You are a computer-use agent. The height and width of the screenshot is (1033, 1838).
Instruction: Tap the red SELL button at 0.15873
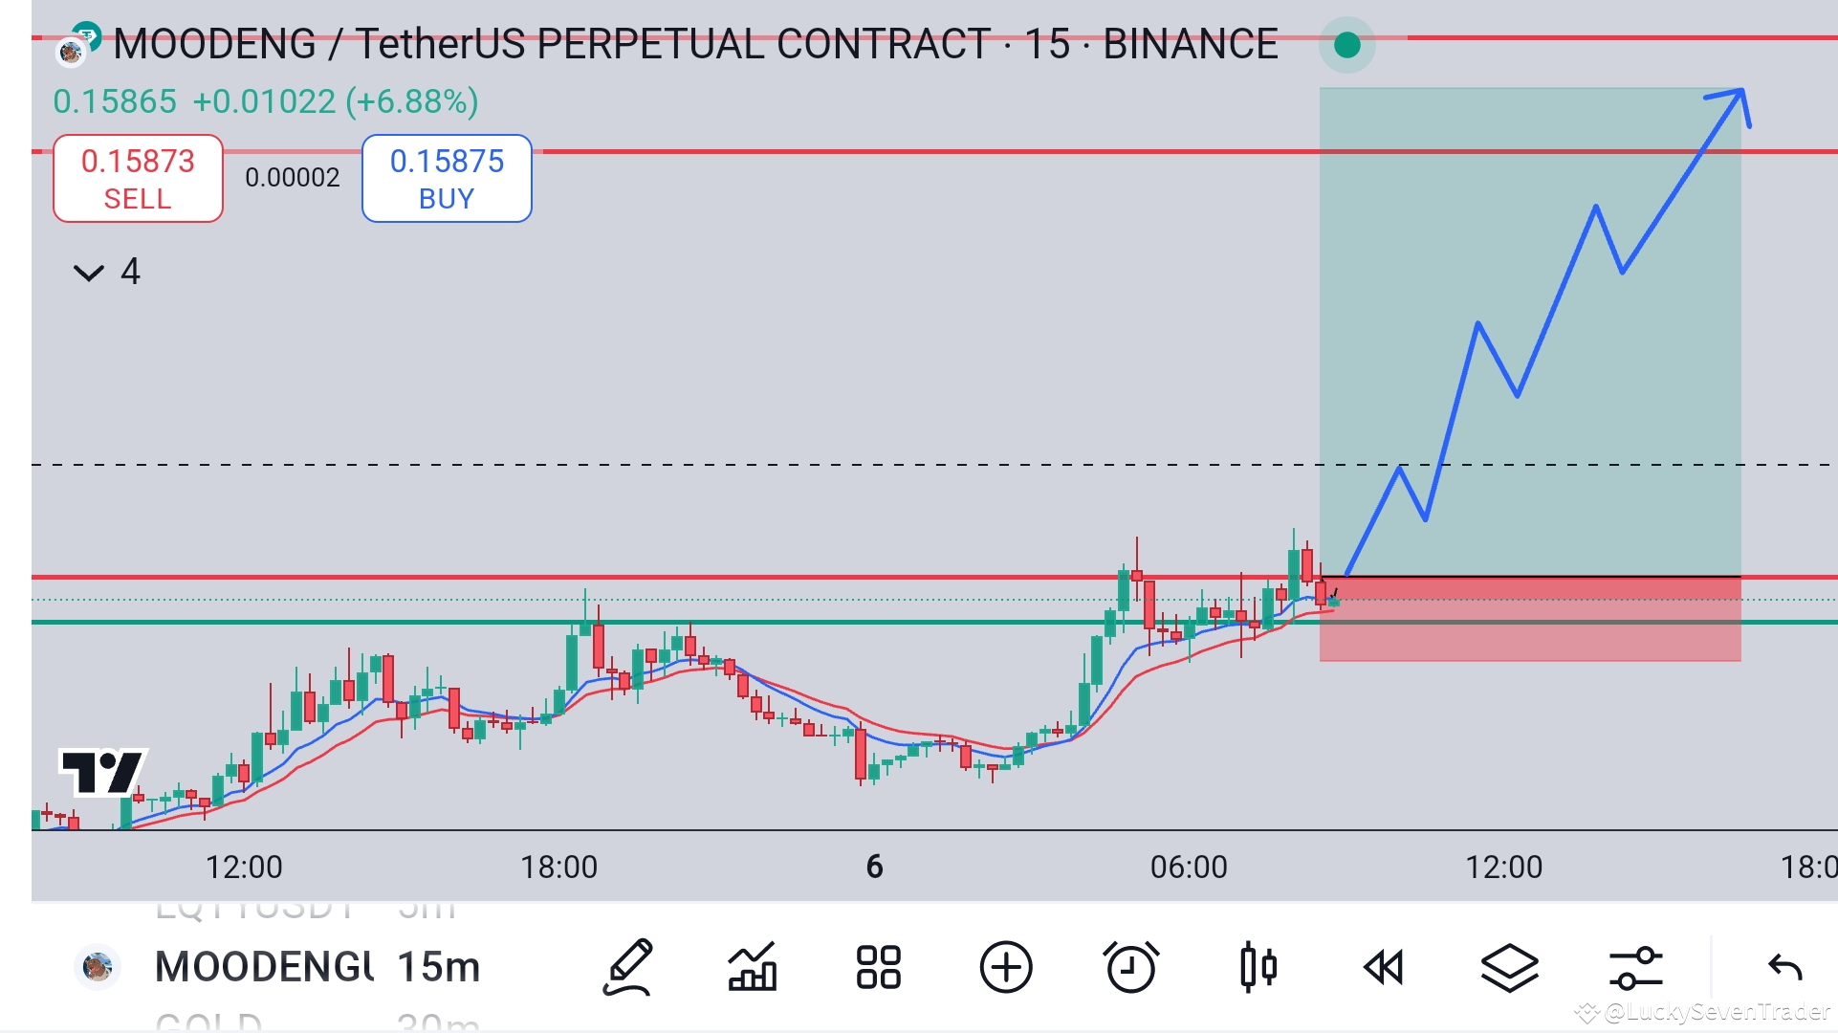pyautogui.click(x=138, y=179)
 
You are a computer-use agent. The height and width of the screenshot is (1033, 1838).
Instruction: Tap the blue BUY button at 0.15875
pyautogui.click(x=447, y=179)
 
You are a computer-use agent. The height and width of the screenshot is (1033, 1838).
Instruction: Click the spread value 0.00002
pyautogui.click(x=292, y=178)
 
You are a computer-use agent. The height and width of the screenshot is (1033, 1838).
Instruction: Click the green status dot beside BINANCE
pyautogui.click(x=1346, y=45)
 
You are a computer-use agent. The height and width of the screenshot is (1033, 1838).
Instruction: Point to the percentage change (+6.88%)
pyautogui.click(x=412, y=101)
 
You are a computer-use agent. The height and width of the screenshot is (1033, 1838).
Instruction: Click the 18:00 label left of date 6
pyautogui.click(x=558, y=867)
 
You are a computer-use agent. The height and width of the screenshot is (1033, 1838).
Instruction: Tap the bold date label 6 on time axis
pyautogui.click(x=874, y=867)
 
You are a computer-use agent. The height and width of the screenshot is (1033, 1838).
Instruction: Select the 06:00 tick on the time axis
pyautogui.click(x=1189, y=867)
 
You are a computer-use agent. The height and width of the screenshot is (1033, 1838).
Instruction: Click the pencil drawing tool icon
pyautogui.click(x=627, y=967)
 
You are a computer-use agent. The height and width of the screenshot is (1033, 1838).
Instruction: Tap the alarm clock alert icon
pyautogui.click(x=1131, y=967)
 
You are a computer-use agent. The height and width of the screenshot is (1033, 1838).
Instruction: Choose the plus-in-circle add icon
pyautogui.click(x=1006, y=967)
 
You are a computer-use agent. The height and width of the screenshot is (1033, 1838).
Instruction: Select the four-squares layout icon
pyautogui.click(x=878, y=967)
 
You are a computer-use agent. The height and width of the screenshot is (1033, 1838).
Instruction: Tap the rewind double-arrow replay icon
pyautogui.click(x=1383, y=967)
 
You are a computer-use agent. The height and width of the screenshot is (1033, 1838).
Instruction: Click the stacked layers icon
pyautogui.click(x=1509, y=967)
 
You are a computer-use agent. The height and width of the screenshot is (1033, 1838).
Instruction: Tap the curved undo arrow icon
pyautogui.click(x=1784, y=967)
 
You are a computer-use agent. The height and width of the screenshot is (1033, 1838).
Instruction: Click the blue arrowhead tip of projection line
pyautogui.click(x=1741, y=92)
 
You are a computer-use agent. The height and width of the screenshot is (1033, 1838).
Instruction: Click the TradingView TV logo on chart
pyautogui.click(x=102, y=771)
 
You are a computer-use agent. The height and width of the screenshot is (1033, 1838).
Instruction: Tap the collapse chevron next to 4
pyautogui.click(x=88, y=274)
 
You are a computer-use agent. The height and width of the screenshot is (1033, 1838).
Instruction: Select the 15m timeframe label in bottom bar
pyautogui.click(x=438, y=967)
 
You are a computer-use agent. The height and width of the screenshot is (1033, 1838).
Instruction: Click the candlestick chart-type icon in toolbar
pyautogui.click(x=1258, y=967)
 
